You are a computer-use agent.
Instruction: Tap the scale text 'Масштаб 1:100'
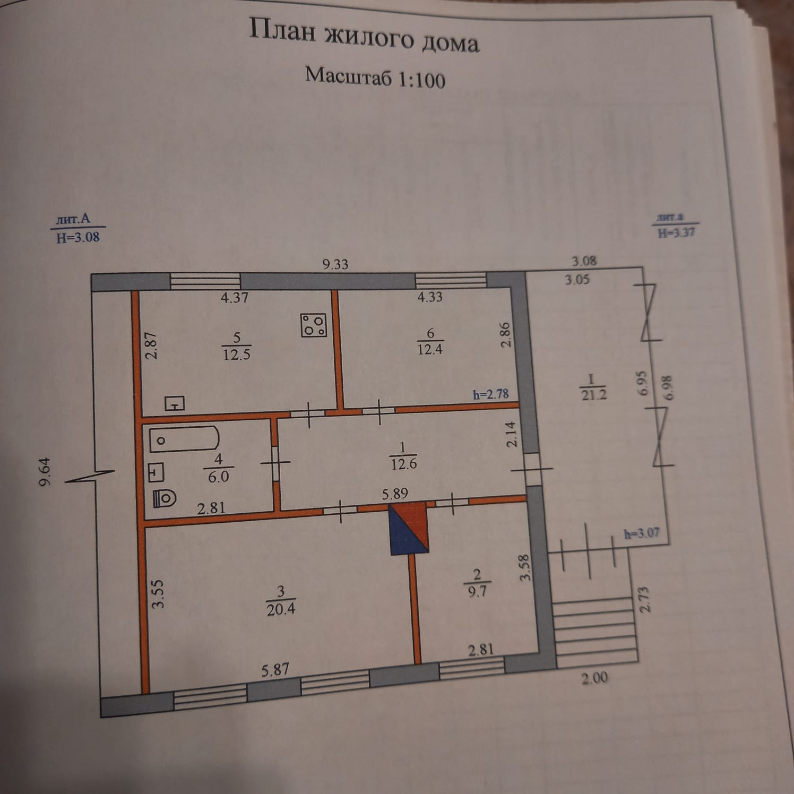click(375, 77)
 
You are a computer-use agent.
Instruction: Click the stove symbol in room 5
click(314, 325)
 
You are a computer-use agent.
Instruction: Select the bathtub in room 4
click(184, 439)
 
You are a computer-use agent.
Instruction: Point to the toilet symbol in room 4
click(165, 498)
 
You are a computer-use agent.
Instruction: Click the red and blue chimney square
click(409, 529)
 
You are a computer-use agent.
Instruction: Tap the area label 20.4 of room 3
click(281, 609)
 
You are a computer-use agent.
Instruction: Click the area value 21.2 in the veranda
click(593, 394)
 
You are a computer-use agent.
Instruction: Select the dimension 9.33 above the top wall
click(335, 264)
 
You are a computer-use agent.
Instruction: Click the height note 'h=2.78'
click(490, 394)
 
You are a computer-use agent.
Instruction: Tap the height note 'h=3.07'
click(642, 532)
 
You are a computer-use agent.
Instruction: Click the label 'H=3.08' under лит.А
click(78, 237)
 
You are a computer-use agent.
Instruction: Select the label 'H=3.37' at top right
click(676, 232)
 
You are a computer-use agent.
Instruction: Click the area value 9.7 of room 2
click(477, 591)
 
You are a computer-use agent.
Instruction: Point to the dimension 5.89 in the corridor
click(395, 494)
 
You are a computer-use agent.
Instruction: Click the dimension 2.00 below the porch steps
click(594, 678)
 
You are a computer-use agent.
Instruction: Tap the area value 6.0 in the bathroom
click(218, 476)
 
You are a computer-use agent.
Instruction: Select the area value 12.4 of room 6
click(430, 349)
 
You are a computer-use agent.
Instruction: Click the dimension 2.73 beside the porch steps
click(644, 599)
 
